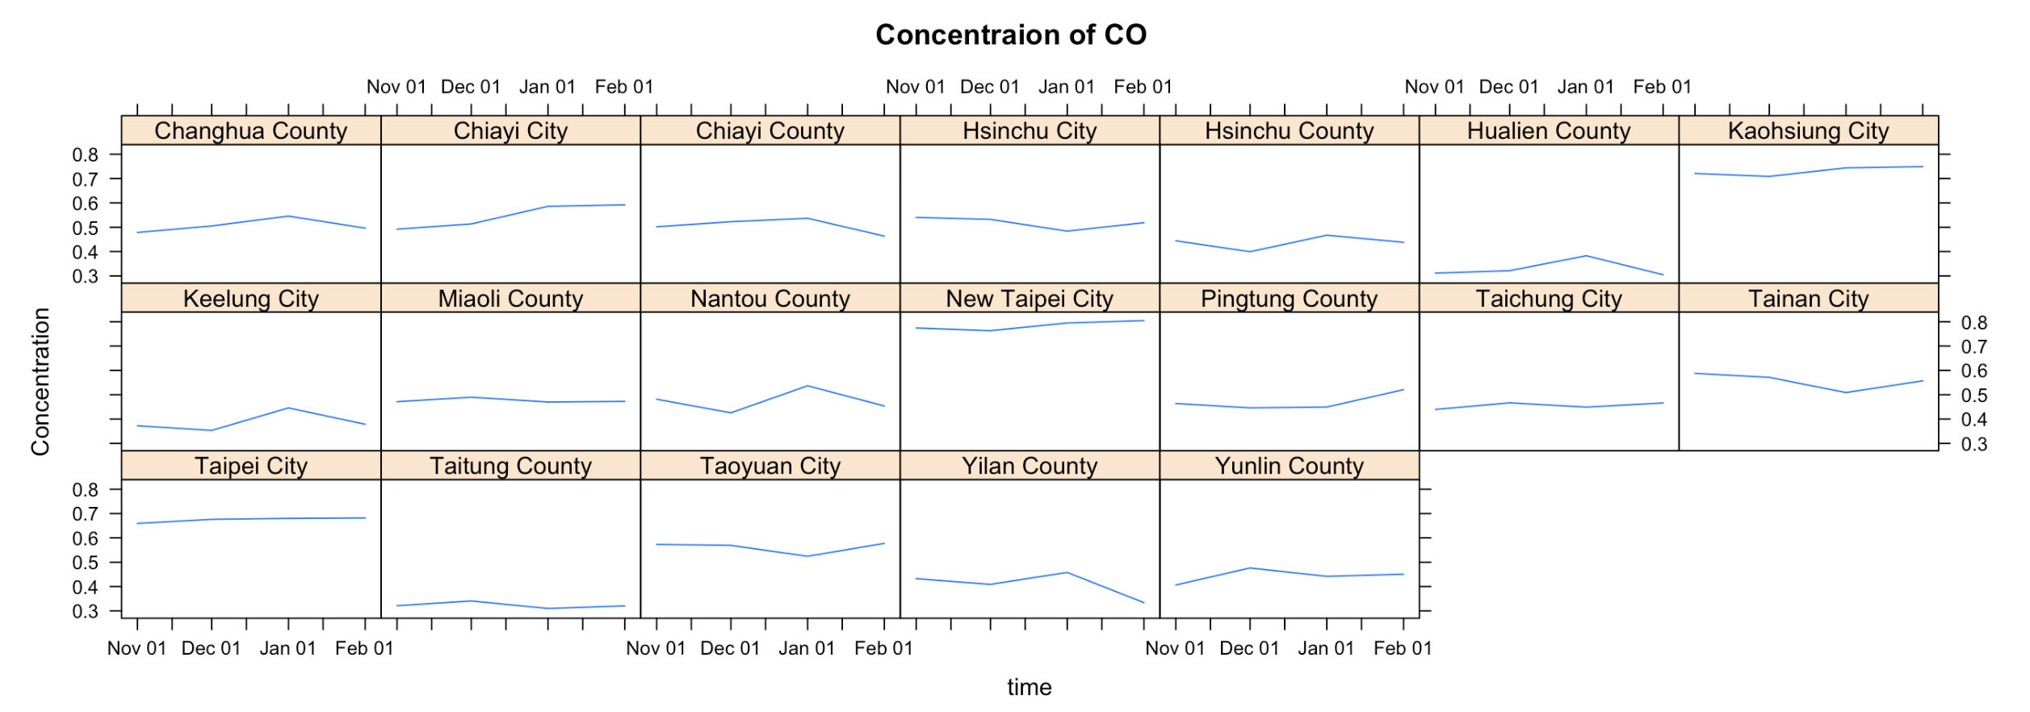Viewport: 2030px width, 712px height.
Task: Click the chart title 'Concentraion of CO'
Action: [1011, 35]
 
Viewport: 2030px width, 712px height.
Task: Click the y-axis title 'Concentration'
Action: [40, 382]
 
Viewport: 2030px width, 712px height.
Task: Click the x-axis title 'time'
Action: [1029, 687]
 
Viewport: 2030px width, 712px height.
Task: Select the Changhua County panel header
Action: [250, 131]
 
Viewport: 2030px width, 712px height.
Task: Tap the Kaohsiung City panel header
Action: [1808, 131]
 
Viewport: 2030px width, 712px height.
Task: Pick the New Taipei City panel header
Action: [1030, 299]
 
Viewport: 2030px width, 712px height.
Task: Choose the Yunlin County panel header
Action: [1289, 466]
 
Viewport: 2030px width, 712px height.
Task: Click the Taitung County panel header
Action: [510, 466]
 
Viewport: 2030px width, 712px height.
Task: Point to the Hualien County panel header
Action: [1549, 131]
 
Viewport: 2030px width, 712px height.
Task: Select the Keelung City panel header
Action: [250, 299]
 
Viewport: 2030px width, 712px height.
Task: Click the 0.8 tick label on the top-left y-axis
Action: [85, 155]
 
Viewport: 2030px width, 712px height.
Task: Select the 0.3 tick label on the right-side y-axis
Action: [1974, 445]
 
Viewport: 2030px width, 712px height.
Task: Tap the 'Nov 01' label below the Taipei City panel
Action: [136, 648]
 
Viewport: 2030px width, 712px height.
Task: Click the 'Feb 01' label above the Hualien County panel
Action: [1662, 87]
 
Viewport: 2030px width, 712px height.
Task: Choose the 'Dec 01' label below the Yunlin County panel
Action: [1249, 648]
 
